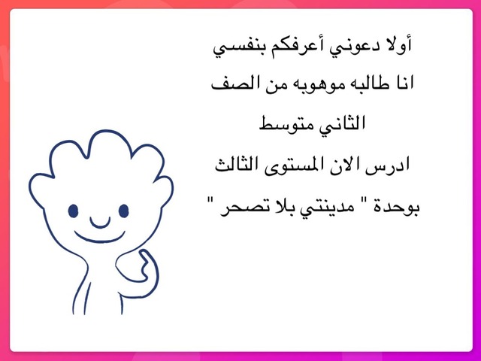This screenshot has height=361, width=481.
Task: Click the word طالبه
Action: point(371,83)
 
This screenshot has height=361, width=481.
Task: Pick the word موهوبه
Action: point(315,83)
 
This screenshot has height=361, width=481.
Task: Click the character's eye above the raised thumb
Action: point(123,211)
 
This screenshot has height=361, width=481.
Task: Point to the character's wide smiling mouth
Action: point(100,237)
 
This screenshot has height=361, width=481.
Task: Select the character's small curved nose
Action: point(100,223)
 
